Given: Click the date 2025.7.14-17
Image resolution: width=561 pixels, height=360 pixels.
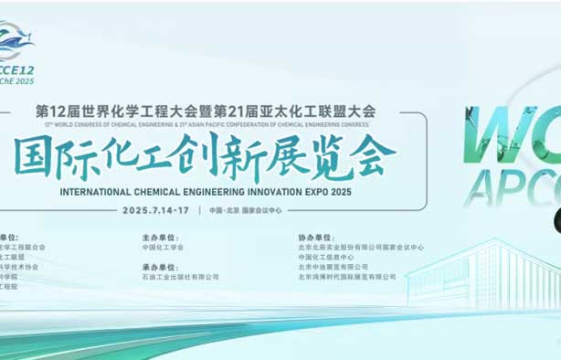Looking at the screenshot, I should click(157, 210).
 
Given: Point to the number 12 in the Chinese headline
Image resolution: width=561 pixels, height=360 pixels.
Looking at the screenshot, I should click(58, 111).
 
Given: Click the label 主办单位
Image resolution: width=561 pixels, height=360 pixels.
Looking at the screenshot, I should click(158, 236).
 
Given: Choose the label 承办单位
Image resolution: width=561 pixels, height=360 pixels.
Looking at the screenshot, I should click(158, 266).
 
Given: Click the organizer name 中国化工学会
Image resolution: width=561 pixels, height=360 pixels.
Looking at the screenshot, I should click(163, 247).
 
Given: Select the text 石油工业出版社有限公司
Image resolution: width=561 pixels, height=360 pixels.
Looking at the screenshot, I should click(180, 277).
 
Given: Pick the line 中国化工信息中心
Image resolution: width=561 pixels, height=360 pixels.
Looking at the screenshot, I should click(328, 257).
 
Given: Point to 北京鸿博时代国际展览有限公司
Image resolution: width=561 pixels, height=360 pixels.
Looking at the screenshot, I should click(347, 277).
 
